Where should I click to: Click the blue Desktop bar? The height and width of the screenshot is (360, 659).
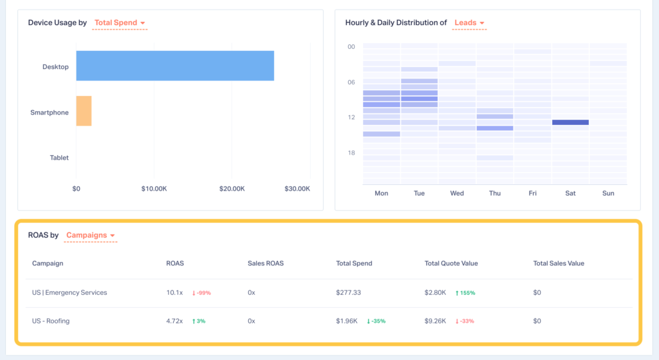(x=175, y=66)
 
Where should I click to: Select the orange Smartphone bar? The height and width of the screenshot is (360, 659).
(x=84, y=111)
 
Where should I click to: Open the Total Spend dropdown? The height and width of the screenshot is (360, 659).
(x=120, y=23)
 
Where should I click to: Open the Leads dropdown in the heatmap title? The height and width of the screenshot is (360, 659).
(x=469, y=23)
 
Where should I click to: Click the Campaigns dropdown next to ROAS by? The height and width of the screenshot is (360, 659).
(x=90, y=236)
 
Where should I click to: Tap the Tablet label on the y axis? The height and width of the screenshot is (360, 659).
(x=59, y=158)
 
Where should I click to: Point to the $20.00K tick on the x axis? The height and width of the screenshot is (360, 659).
(x=232, y=189)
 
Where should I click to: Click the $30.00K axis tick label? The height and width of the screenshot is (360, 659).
(x=297, y=189)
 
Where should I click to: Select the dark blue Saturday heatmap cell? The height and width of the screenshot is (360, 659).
(x=570, y=122)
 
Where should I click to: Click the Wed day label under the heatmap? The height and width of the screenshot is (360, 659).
(x=457, y=193)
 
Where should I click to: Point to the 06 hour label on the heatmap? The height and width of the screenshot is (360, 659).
(x=351, y=82)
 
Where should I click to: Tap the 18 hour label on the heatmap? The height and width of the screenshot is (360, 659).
(x=351, y=153)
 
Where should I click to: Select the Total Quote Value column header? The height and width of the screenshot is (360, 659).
(x=451, y=263)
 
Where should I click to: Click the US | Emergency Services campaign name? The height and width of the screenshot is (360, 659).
(x=70, y=292)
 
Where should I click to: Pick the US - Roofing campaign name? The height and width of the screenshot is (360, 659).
(x=51, y=321)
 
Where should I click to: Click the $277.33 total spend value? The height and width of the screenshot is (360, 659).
(x=348, y=292)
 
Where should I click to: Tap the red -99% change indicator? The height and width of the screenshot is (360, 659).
(x=201, y=293)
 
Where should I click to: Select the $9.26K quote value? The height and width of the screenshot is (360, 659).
(x=436, y=321)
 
